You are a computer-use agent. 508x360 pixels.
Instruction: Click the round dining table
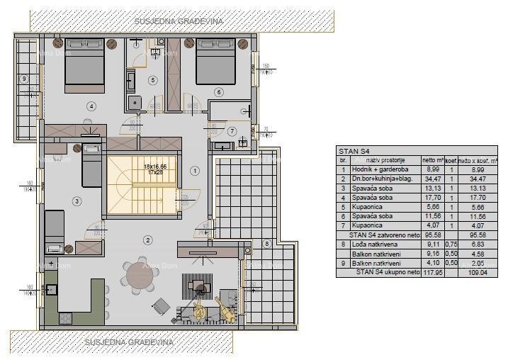[139, 277]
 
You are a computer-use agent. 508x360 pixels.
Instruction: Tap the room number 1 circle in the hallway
[196, 170]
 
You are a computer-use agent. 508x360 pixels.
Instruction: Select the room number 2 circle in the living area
[147, 240]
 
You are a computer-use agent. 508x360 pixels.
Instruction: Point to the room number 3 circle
[76, 201]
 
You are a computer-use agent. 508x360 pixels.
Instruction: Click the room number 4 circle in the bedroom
[91, 106]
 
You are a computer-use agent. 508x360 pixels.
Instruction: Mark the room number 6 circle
[219, 91]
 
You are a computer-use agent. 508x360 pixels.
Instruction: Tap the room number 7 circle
[232, 131]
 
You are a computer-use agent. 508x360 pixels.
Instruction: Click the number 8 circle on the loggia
[266, 244]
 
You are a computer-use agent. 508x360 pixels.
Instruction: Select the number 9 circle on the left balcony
[24, 79]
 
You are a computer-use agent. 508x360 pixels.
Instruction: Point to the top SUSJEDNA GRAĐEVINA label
[179, 21]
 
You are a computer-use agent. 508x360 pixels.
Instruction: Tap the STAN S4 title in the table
[352, 150]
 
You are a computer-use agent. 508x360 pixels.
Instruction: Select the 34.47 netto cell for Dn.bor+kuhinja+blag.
[431, 179]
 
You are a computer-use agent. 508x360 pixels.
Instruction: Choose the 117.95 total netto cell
[431, 271]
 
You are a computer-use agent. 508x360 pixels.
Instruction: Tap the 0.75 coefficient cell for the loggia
[451, 244]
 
